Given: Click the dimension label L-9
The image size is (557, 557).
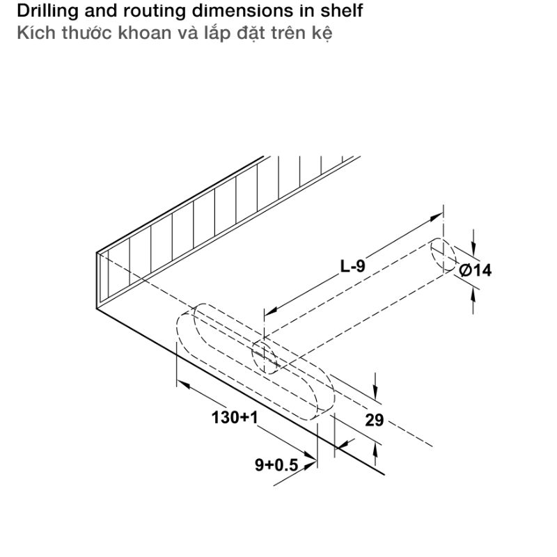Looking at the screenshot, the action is point(352,266).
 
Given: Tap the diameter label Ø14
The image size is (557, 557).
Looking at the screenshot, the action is point(476,270).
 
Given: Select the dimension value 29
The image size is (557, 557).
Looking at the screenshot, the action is point(375,421).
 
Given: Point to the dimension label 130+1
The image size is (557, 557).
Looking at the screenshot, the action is point(235,417).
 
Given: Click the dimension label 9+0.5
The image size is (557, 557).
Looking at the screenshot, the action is point(276,464).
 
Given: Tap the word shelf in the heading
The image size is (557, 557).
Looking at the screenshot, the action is point(342,10).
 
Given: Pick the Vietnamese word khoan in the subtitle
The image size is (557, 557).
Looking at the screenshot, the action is point(145,33).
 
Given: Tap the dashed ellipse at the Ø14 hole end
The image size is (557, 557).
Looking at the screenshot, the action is point(444,255).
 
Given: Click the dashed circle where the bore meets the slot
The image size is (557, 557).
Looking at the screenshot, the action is point(265,356).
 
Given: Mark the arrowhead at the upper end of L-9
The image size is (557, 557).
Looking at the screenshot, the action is point(437,217).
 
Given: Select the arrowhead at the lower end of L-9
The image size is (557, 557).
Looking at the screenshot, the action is point(271,311).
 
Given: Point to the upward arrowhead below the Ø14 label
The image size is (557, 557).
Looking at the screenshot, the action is point(473,295).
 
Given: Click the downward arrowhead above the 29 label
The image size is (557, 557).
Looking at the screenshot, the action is point(375,393).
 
